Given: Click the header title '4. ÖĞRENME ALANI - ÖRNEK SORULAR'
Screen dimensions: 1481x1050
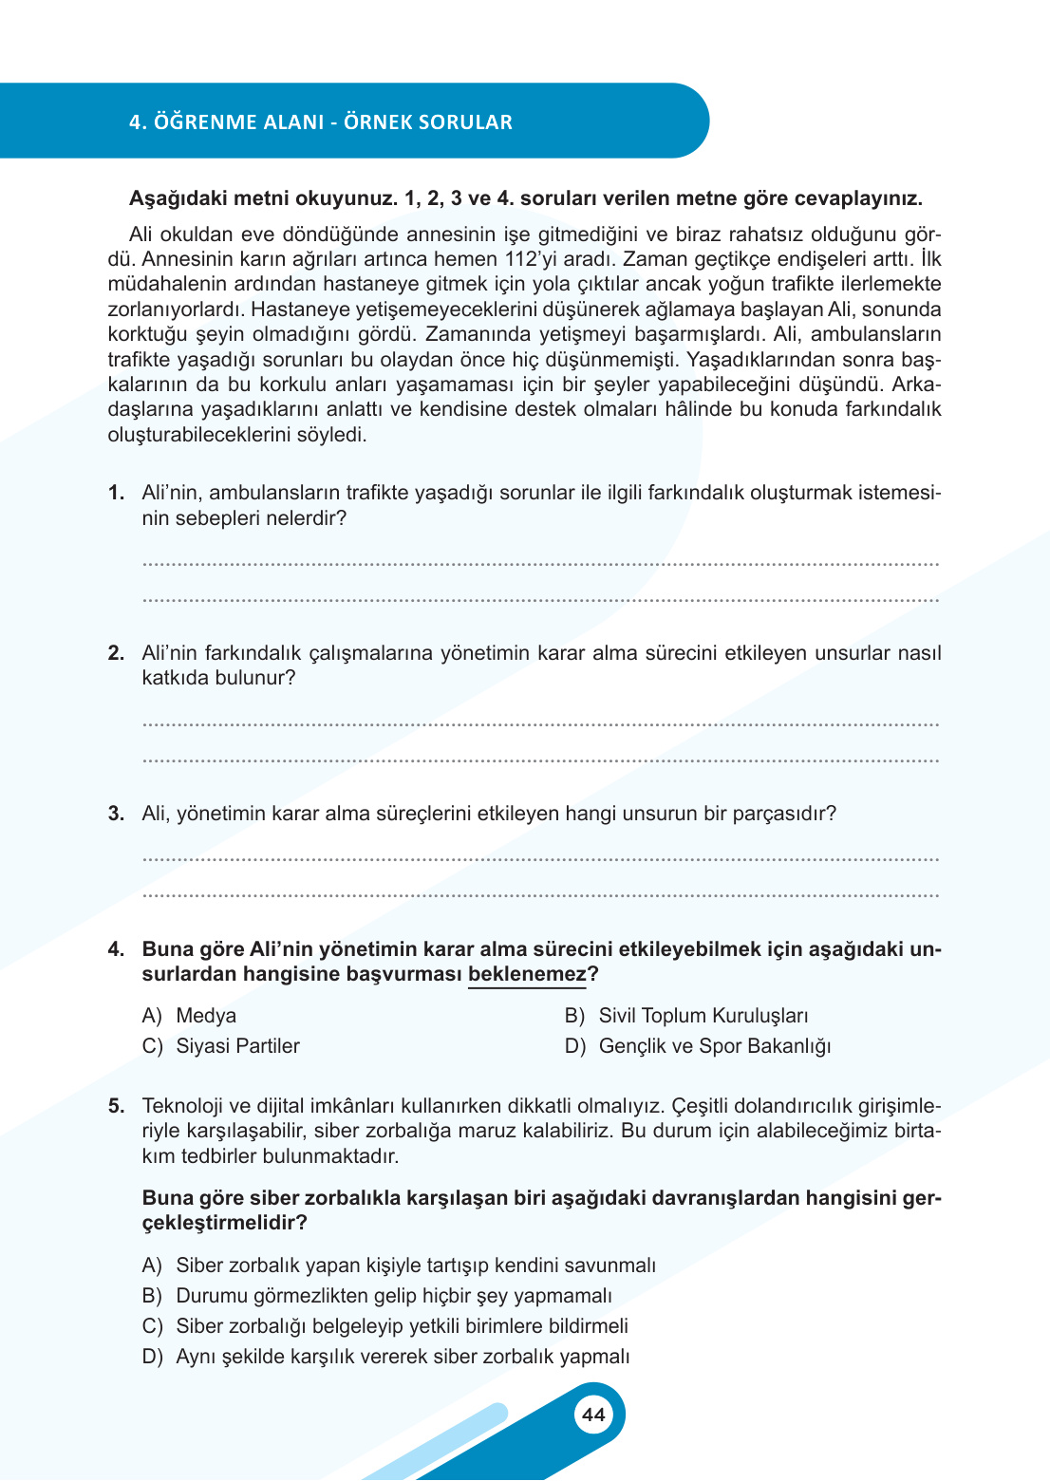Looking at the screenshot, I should click(321, 122).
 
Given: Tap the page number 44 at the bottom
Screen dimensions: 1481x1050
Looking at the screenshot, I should click(593, 1415).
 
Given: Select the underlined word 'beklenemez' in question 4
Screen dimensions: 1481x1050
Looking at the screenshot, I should click(527, 974).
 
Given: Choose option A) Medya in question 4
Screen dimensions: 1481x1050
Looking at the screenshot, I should click(189, 1016).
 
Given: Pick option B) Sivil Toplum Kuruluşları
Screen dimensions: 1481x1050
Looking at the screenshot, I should click(686, 1016).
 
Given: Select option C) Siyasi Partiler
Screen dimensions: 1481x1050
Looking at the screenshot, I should click(220, 1046).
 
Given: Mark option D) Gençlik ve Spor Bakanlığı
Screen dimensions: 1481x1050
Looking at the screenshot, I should click(698, 1046).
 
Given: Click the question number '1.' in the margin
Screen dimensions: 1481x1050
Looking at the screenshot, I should click(116, 493).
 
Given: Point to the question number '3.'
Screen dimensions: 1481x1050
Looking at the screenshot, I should click(116, 814).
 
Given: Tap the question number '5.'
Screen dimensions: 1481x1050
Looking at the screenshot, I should click(116, 1106).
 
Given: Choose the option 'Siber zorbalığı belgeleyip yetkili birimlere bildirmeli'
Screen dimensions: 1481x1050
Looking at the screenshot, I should click(385, 1326).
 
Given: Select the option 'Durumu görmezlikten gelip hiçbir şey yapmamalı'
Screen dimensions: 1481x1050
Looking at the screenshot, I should click(377, 1296).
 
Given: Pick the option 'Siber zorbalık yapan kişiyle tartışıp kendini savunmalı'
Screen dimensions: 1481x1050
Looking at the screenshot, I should click(399, 1265).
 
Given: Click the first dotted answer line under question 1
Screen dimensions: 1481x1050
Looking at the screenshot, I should click(540, 564).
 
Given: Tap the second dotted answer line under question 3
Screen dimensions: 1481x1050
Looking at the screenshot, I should click(540, 894).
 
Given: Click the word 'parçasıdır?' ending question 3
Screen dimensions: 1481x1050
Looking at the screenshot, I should click(784, 814).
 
